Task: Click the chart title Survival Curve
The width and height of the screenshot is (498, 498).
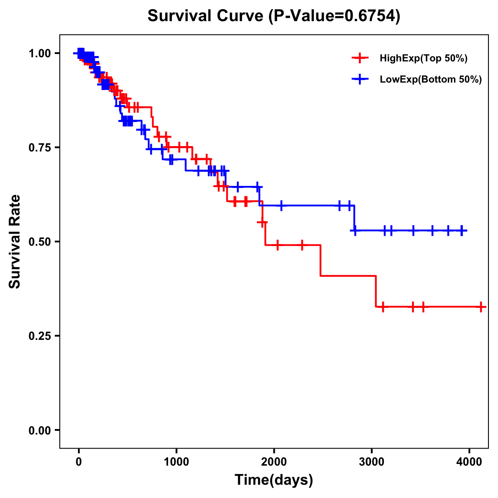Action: pyautogui.click(x=205, y=16)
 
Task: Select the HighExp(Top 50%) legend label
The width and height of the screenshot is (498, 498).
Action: pyautogui.click(x=423, y=59)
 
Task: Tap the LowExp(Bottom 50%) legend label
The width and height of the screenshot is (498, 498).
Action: pyautogui.click(x=430, y=80)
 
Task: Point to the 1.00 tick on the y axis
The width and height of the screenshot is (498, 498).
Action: pyautogui.click(x=39, y=53)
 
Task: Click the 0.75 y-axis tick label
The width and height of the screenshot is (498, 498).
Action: pyautogui.click(x=39, y=147)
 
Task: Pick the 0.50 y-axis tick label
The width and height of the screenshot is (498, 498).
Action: pyautogui.click(x=39, y=242)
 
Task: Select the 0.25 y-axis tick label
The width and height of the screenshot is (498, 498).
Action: pyautogui.click(x=39, y=336)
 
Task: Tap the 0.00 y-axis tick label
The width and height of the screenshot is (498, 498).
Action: pyautogui.click(x=39, y=430)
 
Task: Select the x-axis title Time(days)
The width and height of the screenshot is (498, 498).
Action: pyautogui.click(x=274, y=480)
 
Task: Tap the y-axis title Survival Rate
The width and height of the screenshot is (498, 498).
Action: pyautogui.click(x=15, y=242)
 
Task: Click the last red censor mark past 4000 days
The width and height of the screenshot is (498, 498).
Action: pyautogui.click(x=481, y=307)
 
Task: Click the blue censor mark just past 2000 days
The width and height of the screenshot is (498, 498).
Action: pyautogui.click(x=281, y=205)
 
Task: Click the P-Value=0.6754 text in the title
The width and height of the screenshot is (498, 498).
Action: pyautogui.click(x=334, y=16)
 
